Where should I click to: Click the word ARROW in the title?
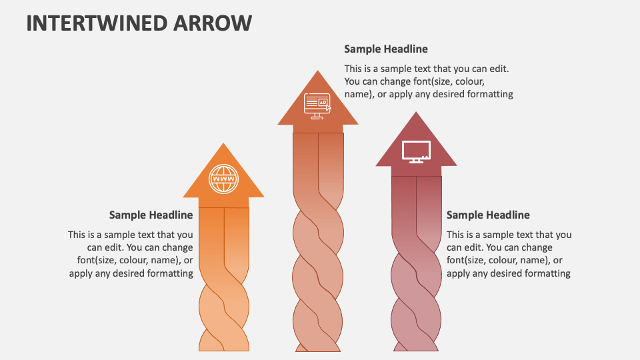(x=215, y=23)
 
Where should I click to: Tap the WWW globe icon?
(x=223, y=179)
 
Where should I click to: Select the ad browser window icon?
(x=317, y=104)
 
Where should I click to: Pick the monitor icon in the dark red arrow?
(x=416, y=151)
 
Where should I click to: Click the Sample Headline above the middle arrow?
(x=386, y=49)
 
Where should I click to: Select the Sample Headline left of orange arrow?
(x=151, y=215)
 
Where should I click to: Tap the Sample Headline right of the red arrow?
(x=488, y=215)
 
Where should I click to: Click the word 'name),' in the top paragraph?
(x=359, y=94)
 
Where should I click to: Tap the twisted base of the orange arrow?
(x=224, y=313)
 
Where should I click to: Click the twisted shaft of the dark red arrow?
(x=416, y=293)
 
